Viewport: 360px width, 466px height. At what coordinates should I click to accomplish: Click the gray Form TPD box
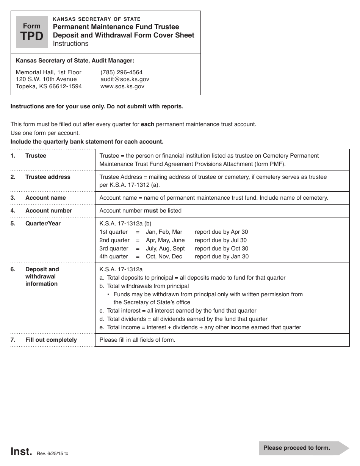coord(31,32)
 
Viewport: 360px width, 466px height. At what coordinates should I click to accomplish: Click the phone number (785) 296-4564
coord(121,72)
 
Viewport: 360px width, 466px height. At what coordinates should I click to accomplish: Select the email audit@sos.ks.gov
coord(125,79)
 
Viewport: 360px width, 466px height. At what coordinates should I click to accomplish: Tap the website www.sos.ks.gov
coord(122,86)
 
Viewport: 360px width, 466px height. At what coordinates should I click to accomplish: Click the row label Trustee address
coord(48,177)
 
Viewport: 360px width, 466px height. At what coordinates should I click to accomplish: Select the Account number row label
coord(49,211)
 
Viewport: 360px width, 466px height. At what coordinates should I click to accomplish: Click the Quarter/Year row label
coord(43,224)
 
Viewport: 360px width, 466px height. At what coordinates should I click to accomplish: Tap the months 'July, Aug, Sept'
coord(165,249)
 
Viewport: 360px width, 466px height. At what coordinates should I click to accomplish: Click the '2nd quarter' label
coord(114,240)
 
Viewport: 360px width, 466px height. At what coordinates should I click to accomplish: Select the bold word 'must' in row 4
coord(151,211)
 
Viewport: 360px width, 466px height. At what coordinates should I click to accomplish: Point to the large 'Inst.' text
coord(21,451)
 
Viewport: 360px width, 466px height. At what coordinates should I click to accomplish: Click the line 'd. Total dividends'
coord(183,319)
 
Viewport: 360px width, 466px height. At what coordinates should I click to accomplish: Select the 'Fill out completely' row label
coord(51,340)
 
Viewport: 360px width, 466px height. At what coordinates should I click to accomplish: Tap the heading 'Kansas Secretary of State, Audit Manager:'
coord(75,60)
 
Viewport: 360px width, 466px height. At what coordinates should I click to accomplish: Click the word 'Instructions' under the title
coord(70,44)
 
